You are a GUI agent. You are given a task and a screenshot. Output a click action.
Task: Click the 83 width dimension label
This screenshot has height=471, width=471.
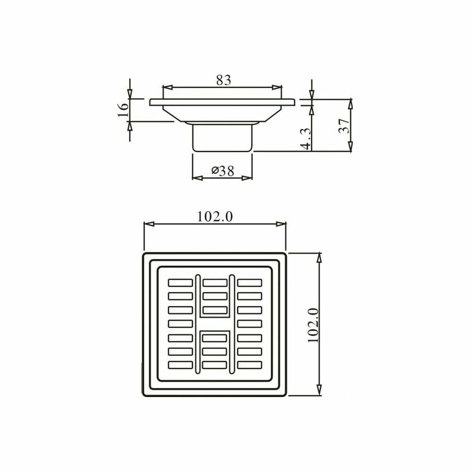click(x=223, y=80)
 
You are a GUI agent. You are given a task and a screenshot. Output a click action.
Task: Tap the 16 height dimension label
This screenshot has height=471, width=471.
click(x=123, y=110)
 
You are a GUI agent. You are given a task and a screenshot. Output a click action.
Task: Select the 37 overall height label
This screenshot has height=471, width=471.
click(x=344, y=126)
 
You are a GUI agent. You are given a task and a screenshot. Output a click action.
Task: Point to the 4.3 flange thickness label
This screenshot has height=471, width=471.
click(x=306, y=138)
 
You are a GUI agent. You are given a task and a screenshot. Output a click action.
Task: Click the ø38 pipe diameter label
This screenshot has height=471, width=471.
click(x=223, y=171)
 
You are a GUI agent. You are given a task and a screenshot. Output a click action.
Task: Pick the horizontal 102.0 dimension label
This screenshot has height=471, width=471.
click(x=215, y=217)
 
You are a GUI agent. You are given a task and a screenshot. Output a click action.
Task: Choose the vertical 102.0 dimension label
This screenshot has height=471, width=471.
click(x=313, y=325)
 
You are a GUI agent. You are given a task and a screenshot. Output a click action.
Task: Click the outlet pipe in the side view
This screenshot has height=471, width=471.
click(x=222, y=138)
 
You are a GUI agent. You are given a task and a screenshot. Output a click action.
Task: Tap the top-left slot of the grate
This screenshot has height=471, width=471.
click(x=180, y=283)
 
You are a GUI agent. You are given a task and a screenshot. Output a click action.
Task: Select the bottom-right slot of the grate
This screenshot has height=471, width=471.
click(x=250, y=365)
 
